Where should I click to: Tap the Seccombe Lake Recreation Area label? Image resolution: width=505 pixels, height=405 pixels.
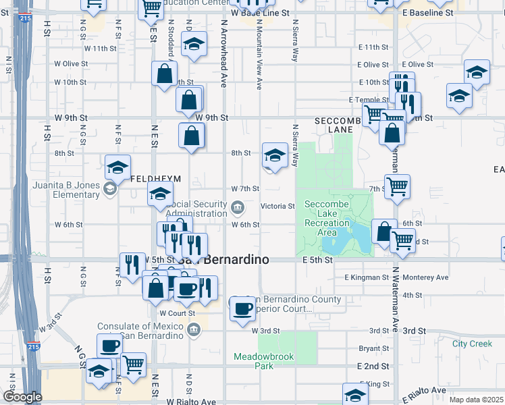[326, 219]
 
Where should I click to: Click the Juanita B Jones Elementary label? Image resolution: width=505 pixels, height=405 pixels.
[65, 190]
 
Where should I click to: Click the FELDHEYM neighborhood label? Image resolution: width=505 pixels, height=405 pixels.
[151, 179]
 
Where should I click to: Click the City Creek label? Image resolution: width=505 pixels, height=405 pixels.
[473, 344]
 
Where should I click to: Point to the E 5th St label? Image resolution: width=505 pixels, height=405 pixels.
[317, 259]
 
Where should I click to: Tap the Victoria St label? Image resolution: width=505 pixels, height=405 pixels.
[277, 207]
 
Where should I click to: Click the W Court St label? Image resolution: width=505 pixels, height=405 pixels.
[177, 313]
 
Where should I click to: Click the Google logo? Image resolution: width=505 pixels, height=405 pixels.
[22, 397]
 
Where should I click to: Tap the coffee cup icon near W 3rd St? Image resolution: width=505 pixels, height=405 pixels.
[242, 309]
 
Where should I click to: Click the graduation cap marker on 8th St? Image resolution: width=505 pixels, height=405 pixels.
[275, 155]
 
